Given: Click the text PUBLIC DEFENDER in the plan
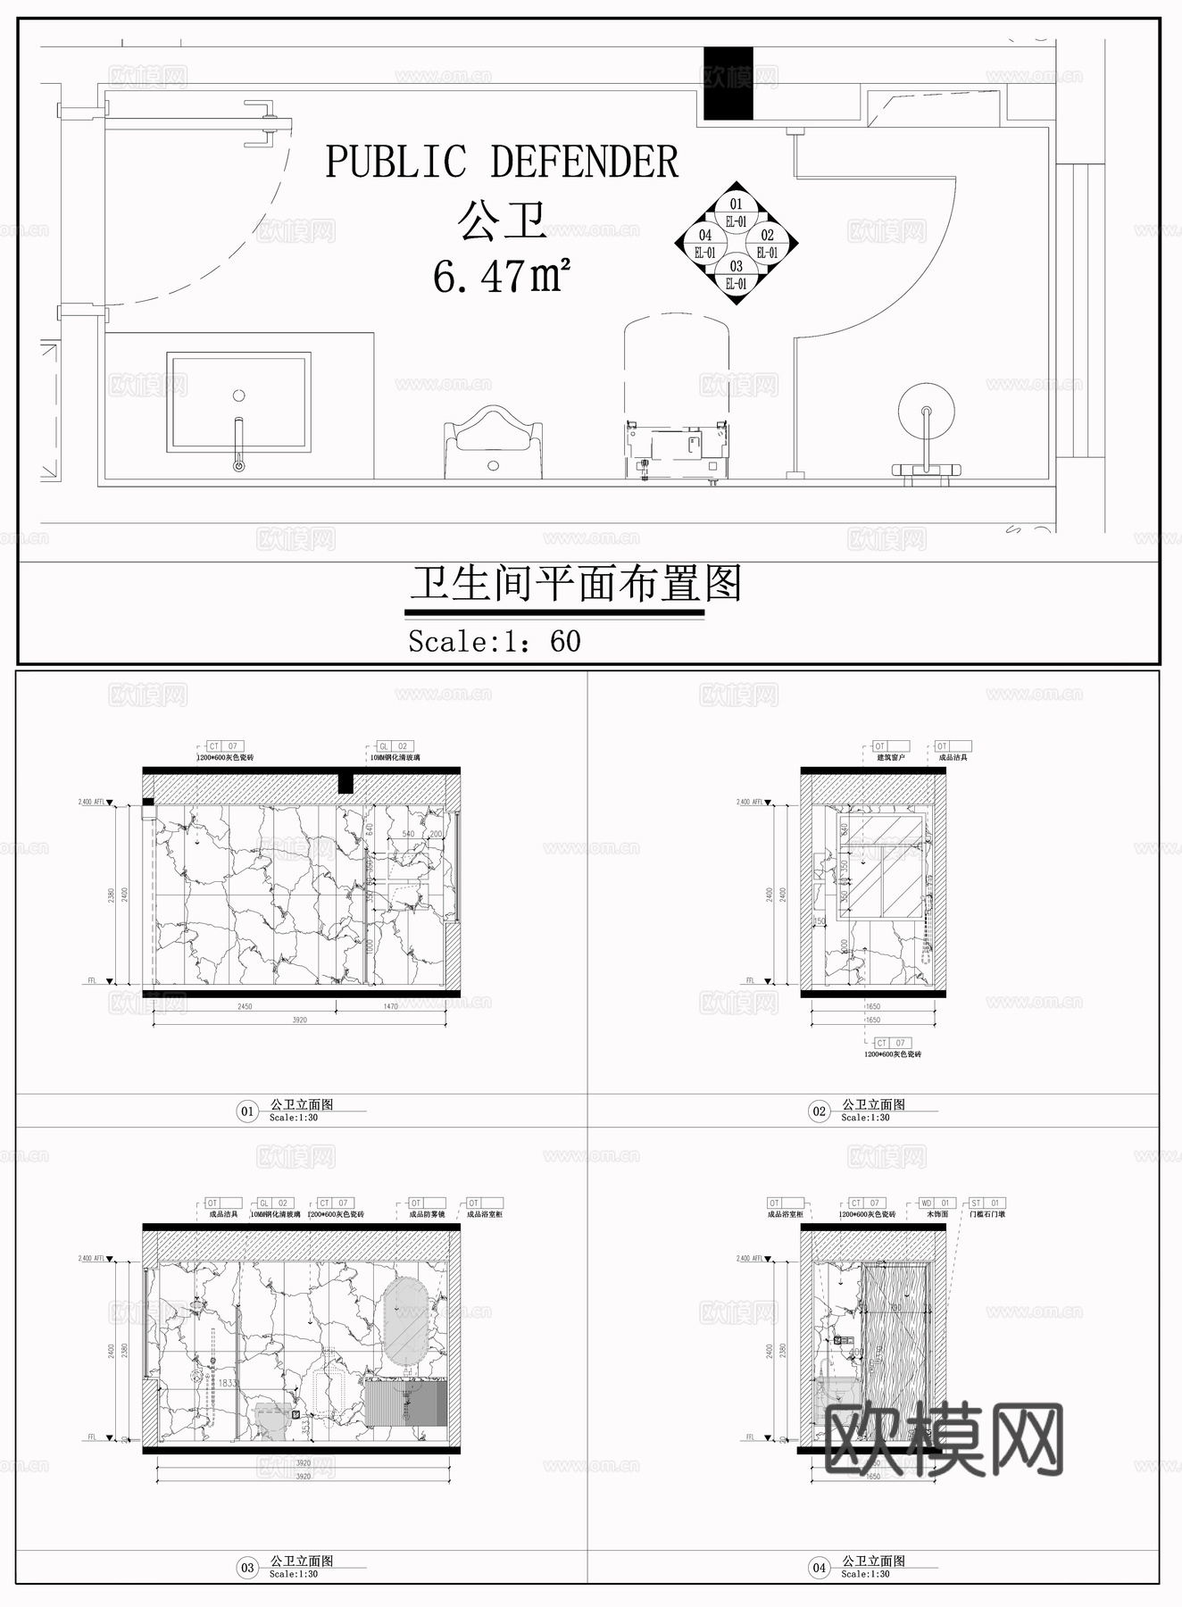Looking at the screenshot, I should [502, 162].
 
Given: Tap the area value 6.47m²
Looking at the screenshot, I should [501, 276].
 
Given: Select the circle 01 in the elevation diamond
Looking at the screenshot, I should [736, 212].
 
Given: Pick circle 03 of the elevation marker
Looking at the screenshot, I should [736, 274].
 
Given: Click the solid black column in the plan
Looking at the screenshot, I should [728, 83].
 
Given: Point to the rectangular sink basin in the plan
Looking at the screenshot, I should [238, 402].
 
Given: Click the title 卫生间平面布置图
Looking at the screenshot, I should [576, 585].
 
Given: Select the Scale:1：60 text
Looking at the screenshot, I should [494, 641].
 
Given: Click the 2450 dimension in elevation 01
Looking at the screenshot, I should [245, 1006].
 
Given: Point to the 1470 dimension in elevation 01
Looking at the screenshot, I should [391, 1006].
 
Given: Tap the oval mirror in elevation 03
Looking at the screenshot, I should [404, 1321].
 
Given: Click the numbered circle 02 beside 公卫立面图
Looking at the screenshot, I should [819, 1112].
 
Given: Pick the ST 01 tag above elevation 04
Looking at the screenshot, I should [986, 1203].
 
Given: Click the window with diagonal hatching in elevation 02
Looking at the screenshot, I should [882, 864].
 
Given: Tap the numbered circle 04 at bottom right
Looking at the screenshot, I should [819, 1568].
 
